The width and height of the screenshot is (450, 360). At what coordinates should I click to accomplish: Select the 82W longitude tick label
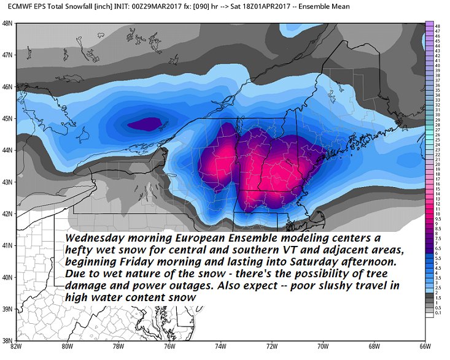(x=17, y=348)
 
